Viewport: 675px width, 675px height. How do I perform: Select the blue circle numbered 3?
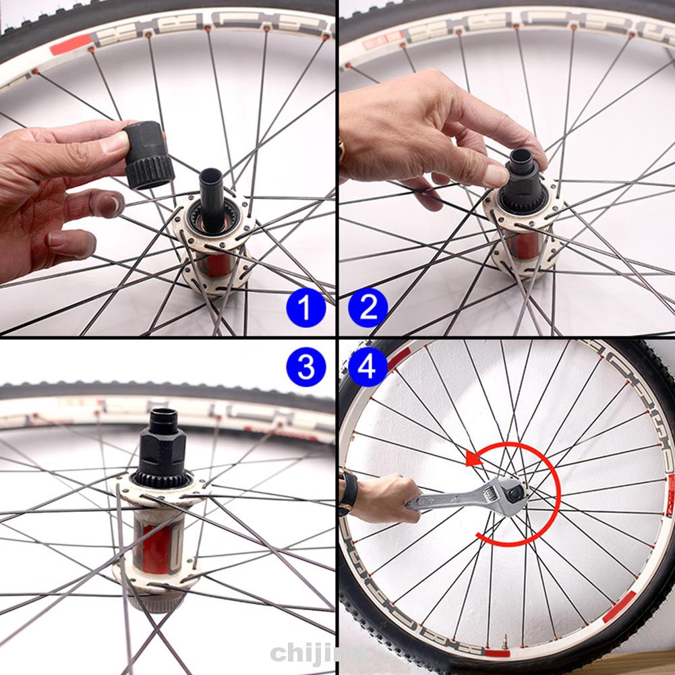click(x=305, y=368)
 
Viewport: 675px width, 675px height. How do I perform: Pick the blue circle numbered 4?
click(x=368, y=368)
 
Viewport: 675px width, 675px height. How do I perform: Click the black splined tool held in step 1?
click(x=148, y=154)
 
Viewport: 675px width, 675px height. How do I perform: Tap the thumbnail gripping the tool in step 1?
click(x=114, y=142)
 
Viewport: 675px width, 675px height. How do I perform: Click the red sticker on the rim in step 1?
click(x=70, y=45)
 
